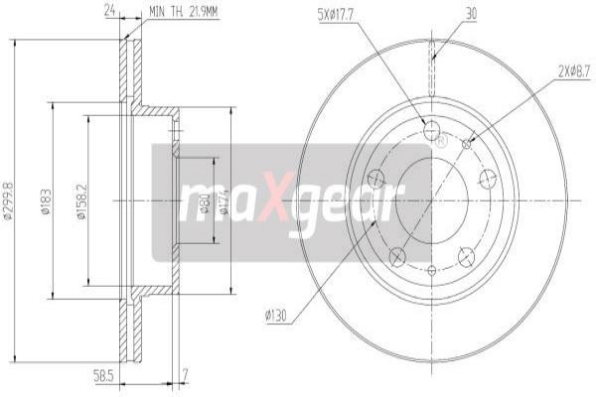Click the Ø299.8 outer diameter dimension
click(x=8, y=200)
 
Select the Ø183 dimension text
click(x=46, y=201)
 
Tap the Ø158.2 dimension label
click(x=82, y=201)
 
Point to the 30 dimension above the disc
click(x=469, y=13)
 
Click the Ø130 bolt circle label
click(x=277, y=318)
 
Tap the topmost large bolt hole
click(x=431, y=130)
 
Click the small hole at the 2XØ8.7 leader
click(x=467, y=144)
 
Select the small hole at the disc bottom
click(x=431, y=269)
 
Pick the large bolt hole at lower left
click(x=397, y=257)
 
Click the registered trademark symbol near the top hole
click(x=441, y=142)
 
